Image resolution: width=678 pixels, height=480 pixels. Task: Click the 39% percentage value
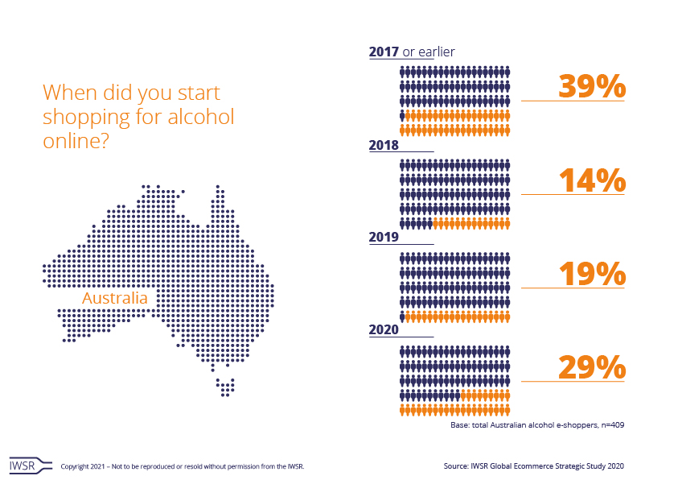pyautogui.click(x=592, y=86)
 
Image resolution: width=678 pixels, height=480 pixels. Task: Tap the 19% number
pyautogui.click(x=592, y=274)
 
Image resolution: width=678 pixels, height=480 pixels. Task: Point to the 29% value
pyautogui.click(x=592, y=367)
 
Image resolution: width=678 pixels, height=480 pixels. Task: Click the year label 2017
pyautogui.click(x=384, y=52)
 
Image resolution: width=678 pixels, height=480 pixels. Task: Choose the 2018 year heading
pyautogui.click(x=384, y=146)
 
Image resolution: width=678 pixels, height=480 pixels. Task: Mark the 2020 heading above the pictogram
pyautogui.click(x=384, y=330)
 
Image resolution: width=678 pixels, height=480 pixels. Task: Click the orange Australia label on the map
pyautogui.click(x=115, y=299)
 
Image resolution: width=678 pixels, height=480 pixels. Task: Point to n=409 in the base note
pyautogui.click(x=610, y=424)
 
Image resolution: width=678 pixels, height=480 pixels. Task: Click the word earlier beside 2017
pyautogui.click(x=436, y=52)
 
